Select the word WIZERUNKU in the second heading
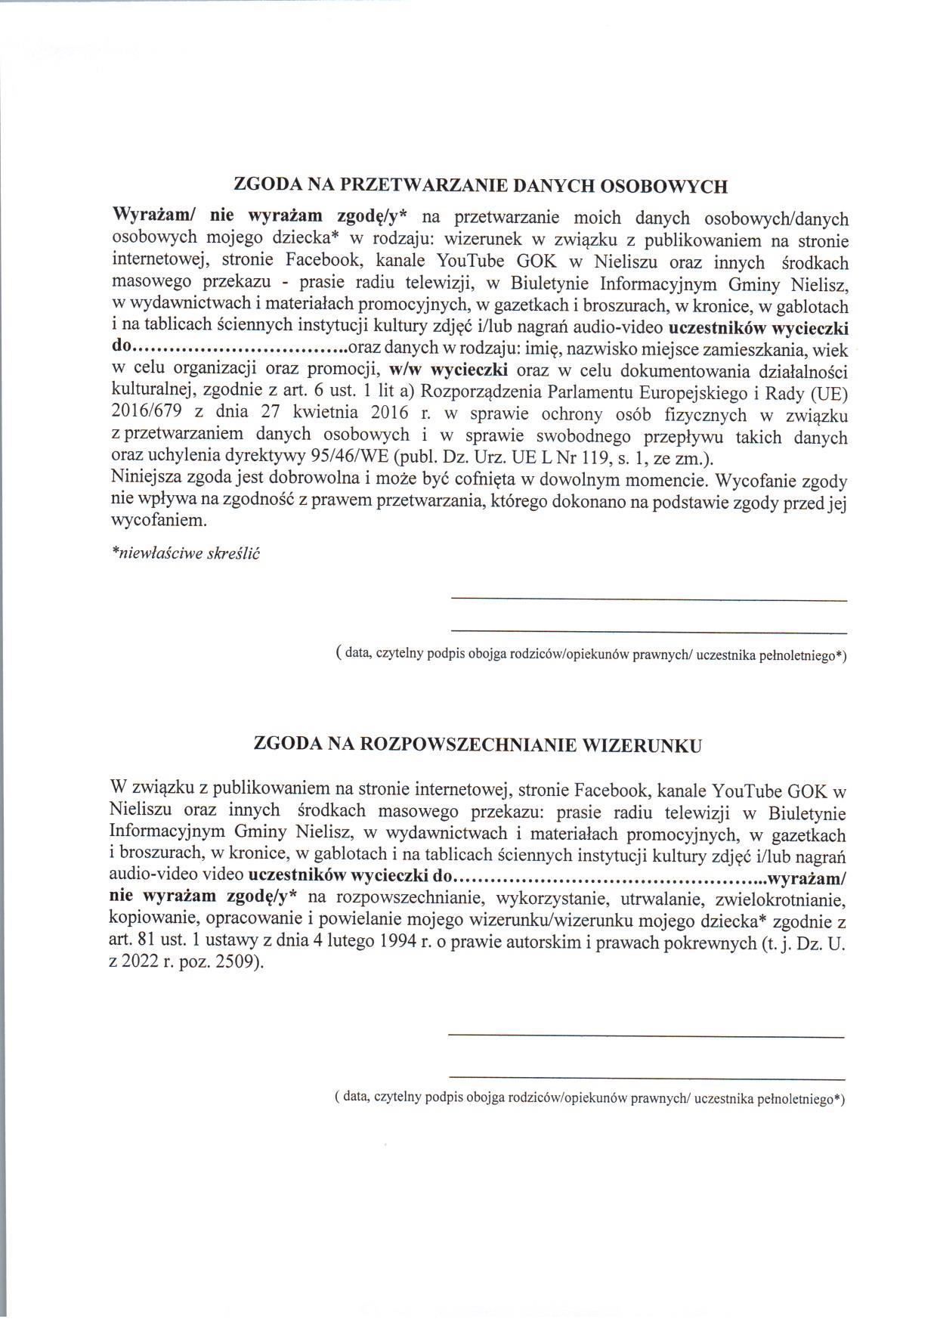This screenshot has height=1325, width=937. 643,745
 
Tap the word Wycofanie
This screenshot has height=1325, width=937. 756,480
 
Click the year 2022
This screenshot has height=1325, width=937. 141,964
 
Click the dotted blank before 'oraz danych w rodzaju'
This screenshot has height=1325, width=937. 239,351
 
